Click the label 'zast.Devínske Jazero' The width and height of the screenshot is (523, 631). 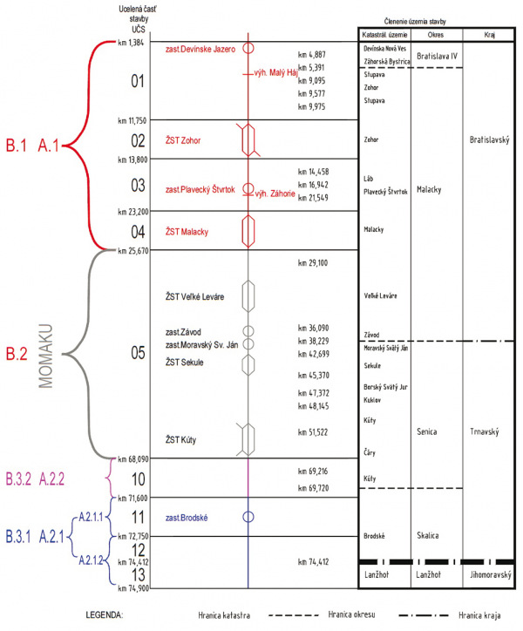point(200,49)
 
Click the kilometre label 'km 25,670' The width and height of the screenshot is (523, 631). point(133,251)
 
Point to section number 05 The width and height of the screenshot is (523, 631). point(138,353)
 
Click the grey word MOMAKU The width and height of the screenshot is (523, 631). point(45,356)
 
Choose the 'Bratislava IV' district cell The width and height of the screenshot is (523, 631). point(437,56)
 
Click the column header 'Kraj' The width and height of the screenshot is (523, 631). point(489,35)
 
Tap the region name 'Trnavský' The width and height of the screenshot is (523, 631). point(485,431)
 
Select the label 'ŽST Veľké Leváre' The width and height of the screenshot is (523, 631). point(194,297)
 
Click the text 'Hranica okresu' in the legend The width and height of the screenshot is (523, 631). point(351,614)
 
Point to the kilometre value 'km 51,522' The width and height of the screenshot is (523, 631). point(313,432)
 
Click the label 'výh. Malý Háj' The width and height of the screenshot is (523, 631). point(275,73)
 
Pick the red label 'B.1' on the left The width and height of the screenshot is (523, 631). point(16,146)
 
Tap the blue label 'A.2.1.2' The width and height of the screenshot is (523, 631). point(91,560)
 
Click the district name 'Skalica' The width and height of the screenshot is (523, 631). point(428,536)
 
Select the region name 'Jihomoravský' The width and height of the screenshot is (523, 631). point(491,574)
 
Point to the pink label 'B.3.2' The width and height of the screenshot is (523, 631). point(18,478)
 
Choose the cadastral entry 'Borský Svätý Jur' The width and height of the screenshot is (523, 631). point(385,387)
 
